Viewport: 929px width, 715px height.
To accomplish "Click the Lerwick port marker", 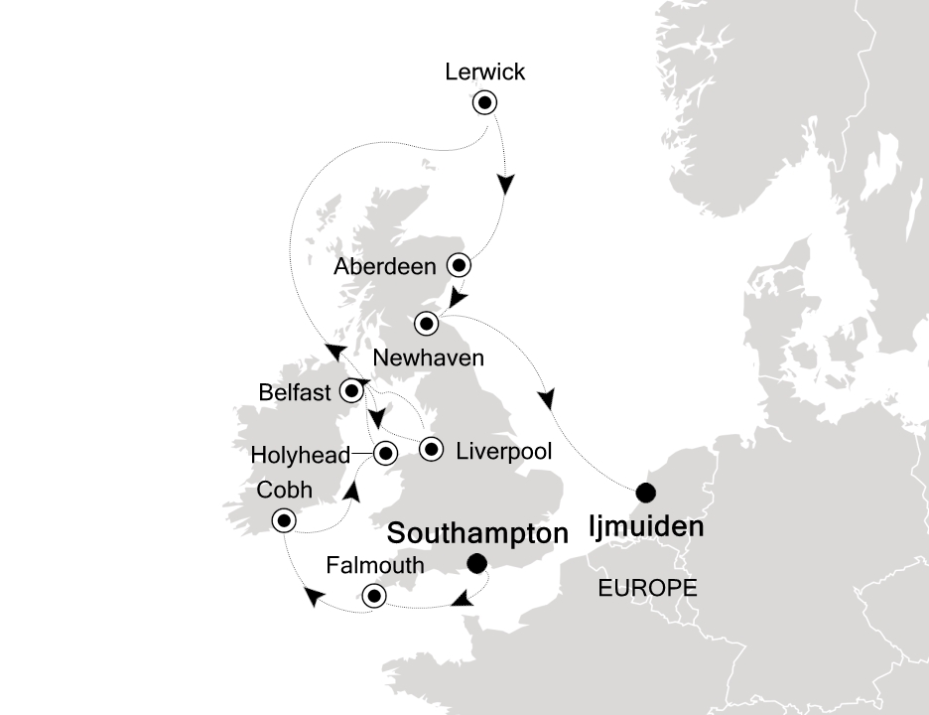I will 485,102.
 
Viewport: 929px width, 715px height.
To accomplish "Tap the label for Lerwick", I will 485,71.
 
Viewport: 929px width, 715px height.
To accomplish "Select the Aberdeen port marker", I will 459,265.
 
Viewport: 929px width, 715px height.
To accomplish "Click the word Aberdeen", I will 384,267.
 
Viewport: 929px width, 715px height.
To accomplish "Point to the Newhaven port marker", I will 427,323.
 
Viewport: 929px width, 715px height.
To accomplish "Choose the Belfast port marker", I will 351,391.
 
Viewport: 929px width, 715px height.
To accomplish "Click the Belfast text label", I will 294,393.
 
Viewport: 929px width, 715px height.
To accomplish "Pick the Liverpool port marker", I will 432,450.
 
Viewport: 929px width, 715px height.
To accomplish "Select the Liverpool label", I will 503,451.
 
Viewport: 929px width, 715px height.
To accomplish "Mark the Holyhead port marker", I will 384,454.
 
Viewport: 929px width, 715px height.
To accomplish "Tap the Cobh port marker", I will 285,520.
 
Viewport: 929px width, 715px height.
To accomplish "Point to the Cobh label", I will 284,491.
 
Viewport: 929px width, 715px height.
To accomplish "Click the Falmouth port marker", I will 374,596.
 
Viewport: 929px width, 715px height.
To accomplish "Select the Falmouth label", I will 375,566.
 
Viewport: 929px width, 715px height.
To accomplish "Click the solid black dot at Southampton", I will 476,564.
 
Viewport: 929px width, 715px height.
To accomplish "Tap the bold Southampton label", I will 477,533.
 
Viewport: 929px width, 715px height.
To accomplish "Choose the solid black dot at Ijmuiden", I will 646,492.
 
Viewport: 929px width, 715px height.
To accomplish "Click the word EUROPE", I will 647,588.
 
